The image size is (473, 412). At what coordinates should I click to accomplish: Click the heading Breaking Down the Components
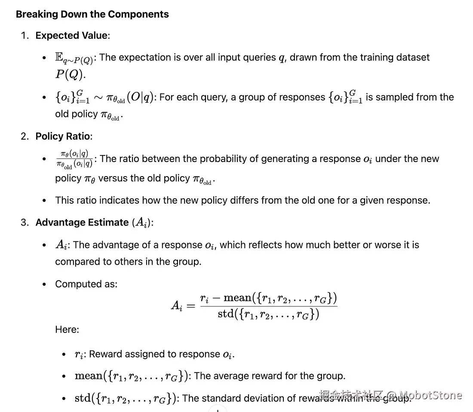92,14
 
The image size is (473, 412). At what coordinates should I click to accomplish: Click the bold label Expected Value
71,35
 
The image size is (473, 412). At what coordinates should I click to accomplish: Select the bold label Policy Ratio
63,136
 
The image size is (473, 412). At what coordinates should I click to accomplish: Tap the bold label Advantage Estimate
82,222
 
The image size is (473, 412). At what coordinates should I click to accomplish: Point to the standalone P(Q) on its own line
70,74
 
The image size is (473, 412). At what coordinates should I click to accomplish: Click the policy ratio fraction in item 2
74,159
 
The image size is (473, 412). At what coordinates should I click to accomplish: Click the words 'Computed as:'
86,284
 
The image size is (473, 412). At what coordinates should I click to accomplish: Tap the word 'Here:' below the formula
67,330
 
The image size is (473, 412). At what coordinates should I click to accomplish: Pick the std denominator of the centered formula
268,314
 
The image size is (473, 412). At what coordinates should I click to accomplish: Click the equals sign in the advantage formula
192,306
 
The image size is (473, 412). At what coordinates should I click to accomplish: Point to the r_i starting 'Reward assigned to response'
79,354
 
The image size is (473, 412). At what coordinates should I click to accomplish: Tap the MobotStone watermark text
431,395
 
